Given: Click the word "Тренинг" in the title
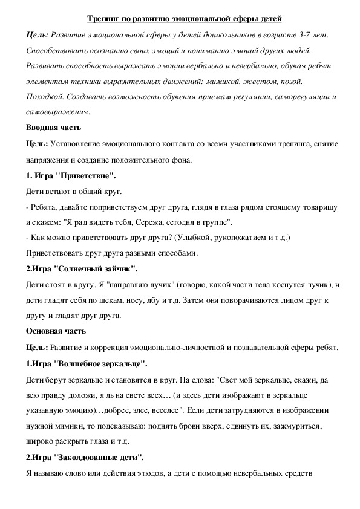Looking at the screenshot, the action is click(x=104, y=20).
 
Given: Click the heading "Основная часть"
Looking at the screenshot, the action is click(x=56, y=331).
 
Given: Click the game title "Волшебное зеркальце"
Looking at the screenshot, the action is click(x=100, y=363).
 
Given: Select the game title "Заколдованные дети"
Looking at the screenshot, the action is click(x=99, y=456).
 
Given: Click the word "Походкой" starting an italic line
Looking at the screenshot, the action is click(x=45, y=97).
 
